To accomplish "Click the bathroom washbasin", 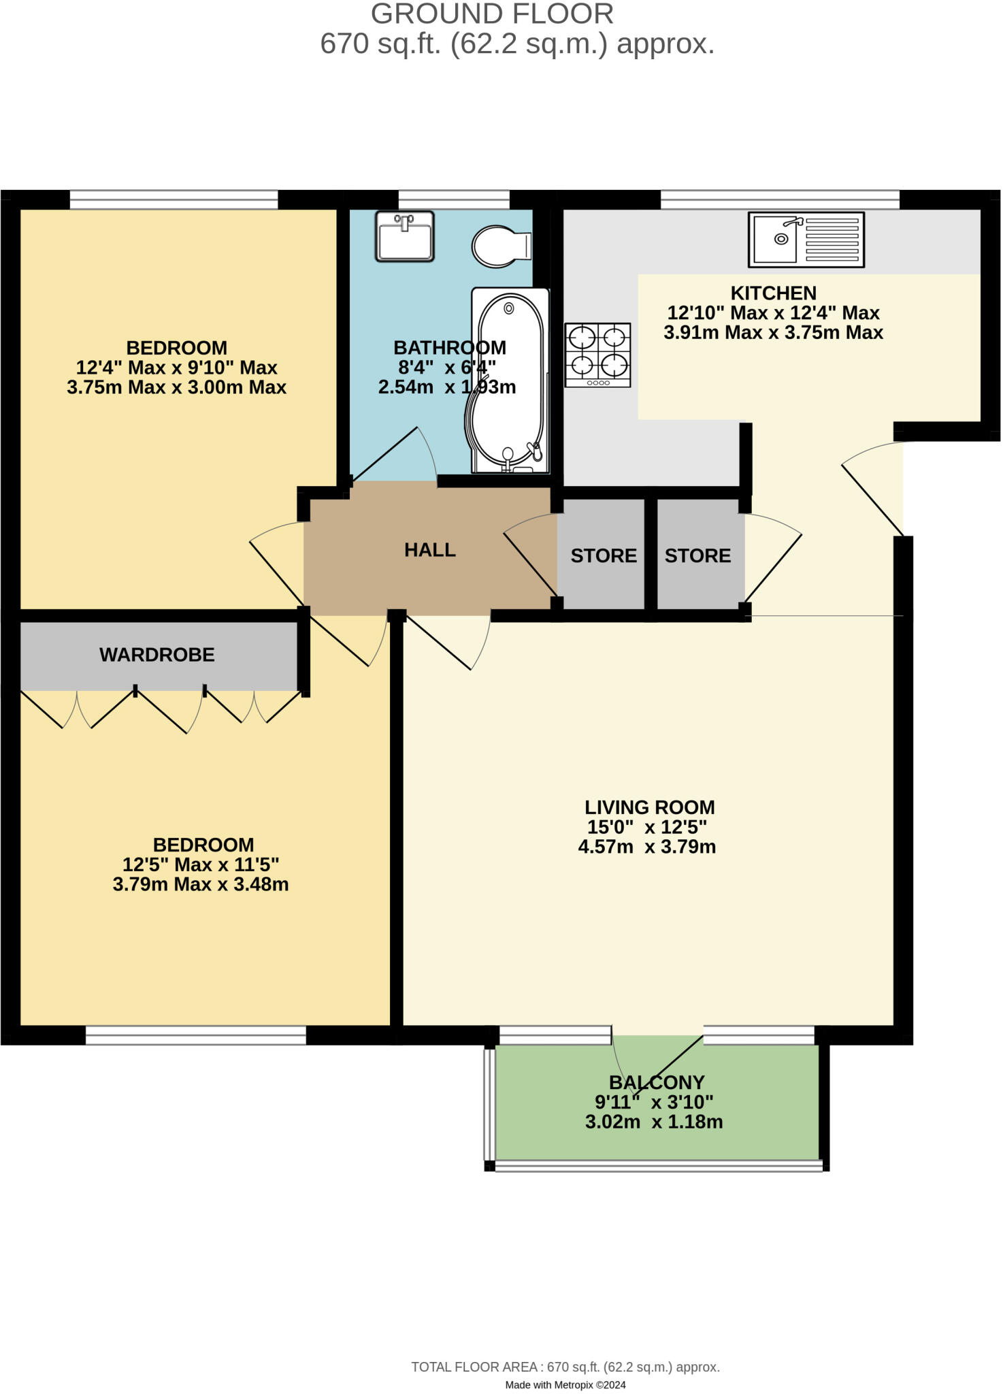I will click(x=405, y=236).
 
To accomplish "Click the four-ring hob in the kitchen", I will click(x=598, y=355).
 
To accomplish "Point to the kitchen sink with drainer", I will click(x=806, y=239).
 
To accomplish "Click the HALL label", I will click(x=430, y=550).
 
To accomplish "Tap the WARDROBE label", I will click(x=157, y=655).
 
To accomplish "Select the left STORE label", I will click(x=604, y=556).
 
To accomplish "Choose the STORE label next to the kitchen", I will click(x=697, y=556).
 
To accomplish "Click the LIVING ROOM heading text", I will click(x=650, y=807).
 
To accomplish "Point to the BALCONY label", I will click(x=657, y=1082).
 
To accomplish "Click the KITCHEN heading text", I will click(x=773, y=293).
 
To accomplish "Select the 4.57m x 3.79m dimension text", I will click(x=647, y=847).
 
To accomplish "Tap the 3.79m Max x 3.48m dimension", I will click(x=201, y=884).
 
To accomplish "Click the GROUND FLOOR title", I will click(x=492, y=14).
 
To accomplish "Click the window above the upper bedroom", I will click(x=174, y=199).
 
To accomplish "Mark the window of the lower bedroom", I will click(x=195, y=1035).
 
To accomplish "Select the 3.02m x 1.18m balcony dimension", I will click(x=654, y=1122).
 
